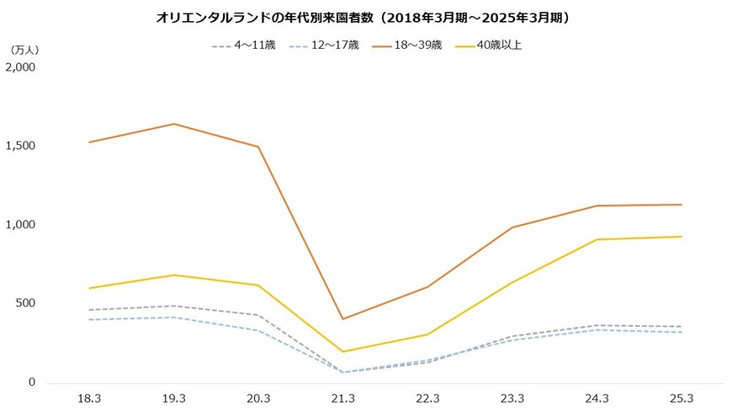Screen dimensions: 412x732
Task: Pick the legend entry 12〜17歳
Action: (x=334, y=45)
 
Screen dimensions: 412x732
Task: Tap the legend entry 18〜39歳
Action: (x=416, y=45)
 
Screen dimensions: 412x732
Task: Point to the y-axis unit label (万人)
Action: (x=24, y=51)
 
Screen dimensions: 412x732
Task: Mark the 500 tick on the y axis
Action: (x=24, y=303)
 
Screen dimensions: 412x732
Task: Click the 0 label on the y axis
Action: (x=31, y=383)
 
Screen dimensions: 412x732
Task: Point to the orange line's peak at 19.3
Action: (x=173, y=124)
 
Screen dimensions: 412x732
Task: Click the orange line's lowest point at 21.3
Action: (x=342, y=318)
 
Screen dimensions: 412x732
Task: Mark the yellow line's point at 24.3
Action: (x=597, y=239)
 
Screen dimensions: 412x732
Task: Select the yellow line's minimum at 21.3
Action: (x=342, y=351)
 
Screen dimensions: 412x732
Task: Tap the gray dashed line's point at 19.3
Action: (x=173, y=306)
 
